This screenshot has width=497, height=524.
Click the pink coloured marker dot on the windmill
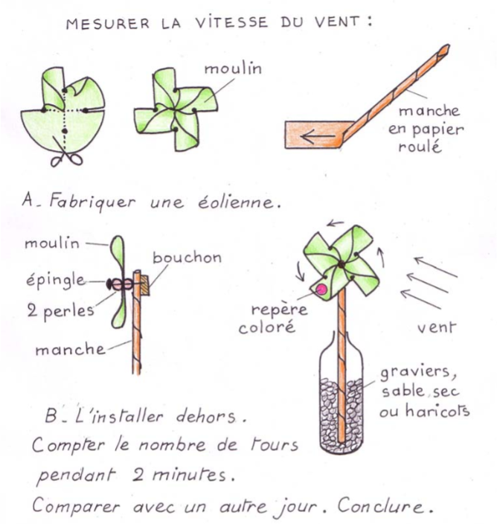tap(321, 289)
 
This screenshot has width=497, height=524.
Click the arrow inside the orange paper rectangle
tap(318, 136)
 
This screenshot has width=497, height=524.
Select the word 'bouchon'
tap(187, 258)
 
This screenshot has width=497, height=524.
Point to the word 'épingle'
tap(56, 281)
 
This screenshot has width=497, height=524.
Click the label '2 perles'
tap(60, 311)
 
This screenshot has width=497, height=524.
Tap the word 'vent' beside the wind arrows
tap(437, 327)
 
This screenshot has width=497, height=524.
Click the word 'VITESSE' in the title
tap(231, 22)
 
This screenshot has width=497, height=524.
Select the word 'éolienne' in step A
tap(236, 202)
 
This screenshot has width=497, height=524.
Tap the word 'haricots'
tap(437, 411)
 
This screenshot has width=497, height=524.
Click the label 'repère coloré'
tap(273, 318)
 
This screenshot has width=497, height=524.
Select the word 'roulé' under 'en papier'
tap(420, 147)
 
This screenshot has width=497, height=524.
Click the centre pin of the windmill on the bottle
tap(341, 264)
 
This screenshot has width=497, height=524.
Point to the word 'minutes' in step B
tap(189, 475)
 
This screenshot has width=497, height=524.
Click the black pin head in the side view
tap(109, 284)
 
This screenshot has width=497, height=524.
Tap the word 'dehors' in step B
tap(205, 416)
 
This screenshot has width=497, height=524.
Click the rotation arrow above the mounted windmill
tap(335, 223)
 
